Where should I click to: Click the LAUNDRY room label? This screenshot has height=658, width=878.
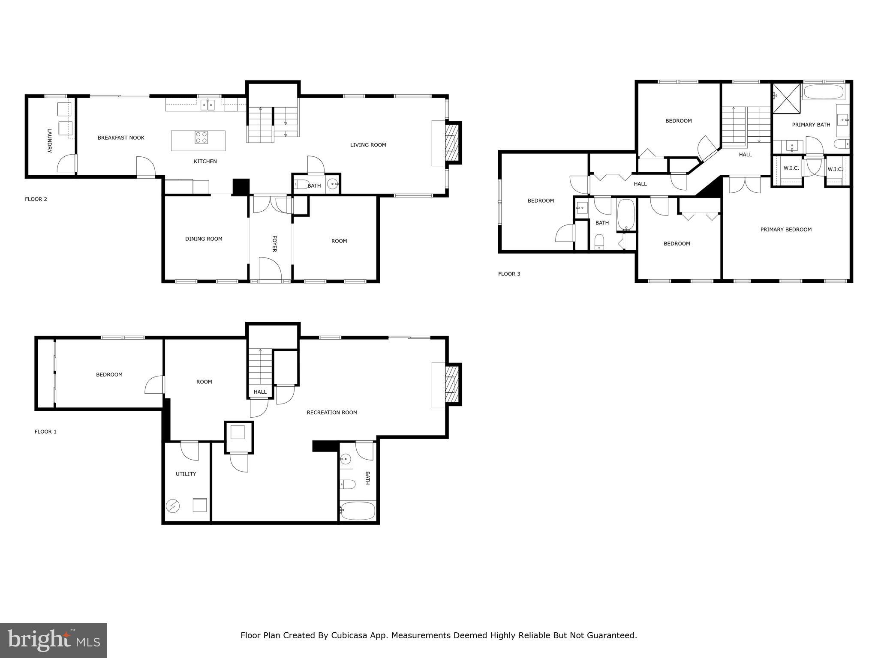tap(49, 141)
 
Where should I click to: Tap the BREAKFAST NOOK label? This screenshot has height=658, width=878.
tap(121, 138)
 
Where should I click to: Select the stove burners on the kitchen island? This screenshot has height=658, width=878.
tap(201, 137)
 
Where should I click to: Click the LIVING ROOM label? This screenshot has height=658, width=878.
tap(368, 145)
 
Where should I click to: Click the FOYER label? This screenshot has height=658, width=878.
tap(274, 243)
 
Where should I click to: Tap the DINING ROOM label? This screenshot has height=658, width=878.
tap(204, 239)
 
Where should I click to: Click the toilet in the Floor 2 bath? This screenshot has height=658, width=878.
tap(301, 185)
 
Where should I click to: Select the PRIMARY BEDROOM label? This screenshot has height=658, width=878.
tap(786, 230)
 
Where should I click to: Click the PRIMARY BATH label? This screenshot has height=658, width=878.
tap(811, 125)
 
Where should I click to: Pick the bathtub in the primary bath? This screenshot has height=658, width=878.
tap(823, 92)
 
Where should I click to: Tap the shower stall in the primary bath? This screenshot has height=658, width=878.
tap(786, 99)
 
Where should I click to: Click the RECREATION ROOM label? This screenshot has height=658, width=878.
tap(332, 413)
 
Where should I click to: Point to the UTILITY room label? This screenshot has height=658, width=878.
tap(186, 474)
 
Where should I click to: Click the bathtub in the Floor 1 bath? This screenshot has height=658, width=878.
tap(358, 511)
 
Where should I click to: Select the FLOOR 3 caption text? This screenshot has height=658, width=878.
tap(509, 274)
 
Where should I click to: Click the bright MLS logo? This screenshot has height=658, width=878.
tap(54, 640)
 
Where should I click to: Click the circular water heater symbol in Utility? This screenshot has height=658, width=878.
tap(173, 506)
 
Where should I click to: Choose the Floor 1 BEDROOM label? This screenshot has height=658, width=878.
tap(109, 374)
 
